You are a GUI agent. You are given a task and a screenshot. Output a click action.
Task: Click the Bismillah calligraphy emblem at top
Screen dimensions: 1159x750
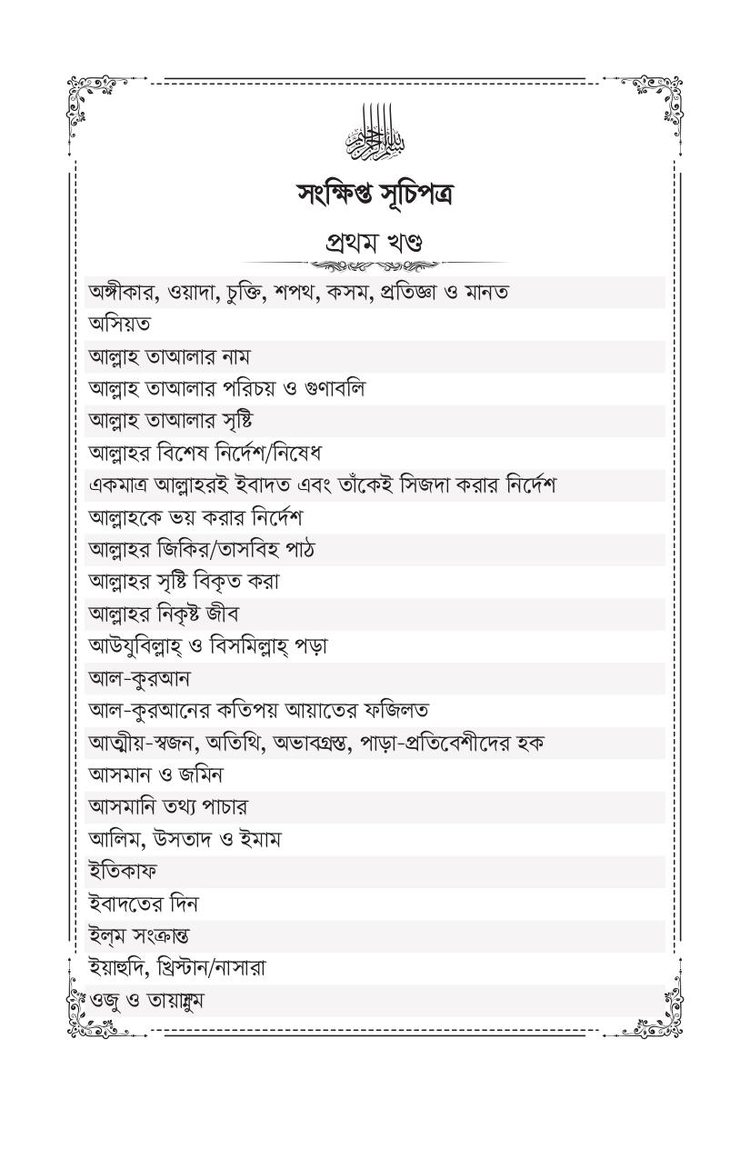(x=375, y=134)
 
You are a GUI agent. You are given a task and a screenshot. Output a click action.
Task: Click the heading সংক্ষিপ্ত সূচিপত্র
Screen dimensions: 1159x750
(x=374, y=192)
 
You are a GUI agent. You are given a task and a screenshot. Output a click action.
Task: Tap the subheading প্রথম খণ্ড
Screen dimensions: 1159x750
(x=374, y=243)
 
